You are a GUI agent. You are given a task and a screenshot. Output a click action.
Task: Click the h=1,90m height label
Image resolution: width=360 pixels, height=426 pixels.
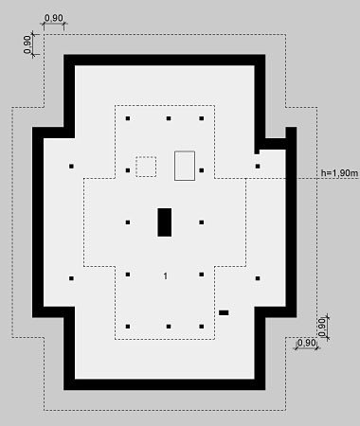click(x=339, y=173)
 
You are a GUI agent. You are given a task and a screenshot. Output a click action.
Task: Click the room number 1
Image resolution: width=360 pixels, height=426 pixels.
click(x=165, y=276)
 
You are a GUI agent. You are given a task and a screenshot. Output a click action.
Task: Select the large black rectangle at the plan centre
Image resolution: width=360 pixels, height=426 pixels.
click(x=165, y=222)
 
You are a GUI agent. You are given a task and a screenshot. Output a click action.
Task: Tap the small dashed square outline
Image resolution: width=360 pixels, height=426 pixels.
click(x=146, y=167)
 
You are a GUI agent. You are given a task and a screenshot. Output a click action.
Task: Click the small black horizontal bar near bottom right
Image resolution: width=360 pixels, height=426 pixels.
click(x=224, y=312)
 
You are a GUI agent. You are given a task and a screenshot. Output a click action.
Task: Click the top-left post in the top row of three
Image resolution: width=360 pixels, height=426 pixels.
click(x=128, y=118)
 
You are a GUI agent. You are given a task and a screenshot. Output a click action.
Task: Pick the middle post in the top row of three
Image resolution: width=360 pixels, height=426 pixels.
click(x=169, y=118)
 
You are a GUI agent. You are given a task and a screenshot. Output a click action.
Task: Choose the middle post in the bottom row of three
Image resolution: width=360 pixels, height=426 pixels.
click(x=169, y=327)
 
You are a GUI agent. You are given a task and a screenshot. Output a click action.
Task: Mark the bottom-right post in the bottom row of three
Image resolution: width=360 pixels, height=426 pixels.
click(x=202, y=327)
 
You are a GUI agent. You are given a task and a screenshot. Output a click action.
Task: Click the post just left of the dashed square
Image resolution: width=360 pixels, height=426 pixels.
click(x=128, y=170)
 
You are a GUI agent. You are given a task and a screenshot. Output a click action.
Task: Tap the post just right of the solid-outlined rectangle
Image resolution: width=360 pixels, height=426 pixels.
click(x=202, y=170)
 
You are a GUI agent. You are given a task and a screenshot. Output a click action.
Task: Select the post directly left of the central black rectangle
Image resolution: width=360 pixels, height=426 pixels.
click(x=128, y=222)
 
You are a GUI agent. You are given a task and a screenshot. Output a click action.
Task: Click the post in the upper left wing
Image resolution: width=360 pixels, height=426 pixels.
click(x=71, y=166)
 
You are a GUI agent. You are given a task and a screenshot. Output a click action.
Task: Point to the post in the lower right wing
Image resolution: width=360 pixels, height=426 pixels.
click(x=258, y=278)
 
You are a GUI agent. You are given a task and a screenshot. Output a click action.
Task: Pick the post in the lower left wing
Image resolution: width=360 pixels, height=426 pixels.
click(x=71, y=278)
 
